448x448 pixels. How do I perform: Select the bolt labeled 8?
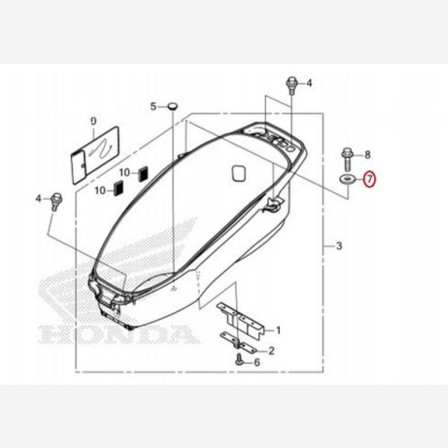click(348, 157)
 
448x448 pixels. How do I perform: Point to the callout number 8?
click(367, 155)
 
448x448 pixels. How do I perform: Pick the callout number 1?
click(278, 329)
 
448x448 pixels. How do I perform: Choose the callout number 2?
click(272, 350)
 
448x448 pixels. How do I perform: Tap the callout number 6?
click(257, 362)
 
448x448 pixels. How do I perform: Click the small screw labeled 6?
click(239, 361)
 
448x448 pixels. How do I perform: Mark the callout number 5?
click(153, 107)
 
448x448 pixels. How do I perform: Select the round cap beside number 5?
click(172, 107)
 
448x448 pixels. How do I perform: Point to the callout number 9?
click(93, 120)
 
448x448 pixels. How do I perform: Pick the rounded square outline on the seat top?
click(239, 172)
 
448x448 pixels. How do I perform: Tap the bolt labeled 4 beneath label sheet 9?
click(56, 199)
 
